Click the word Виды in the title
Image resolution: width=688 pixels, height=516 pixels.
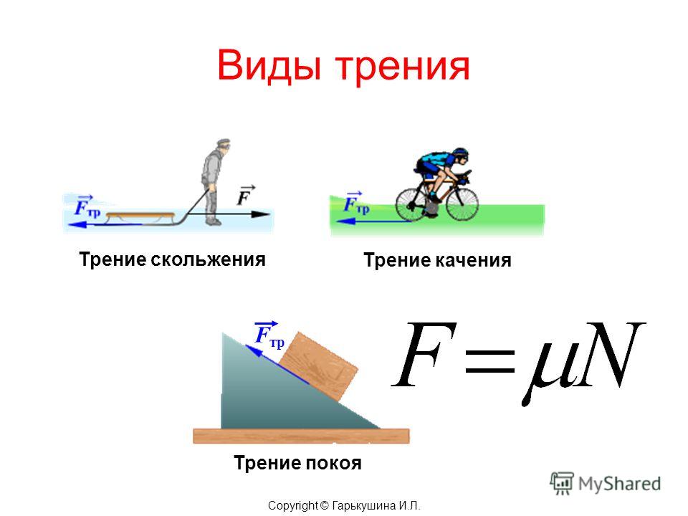(x=269, y=66)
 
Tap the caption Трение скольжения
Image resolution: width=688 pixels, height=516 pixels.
(x=173, y=259)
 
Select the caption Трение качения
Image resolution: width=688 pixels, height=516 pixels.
(x=437, y=260)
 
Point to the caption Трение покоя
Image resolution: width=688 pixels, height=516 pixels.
(x=297, y=463)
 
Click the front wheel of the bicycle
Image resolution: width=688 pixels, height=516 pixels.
(x=462, y=204)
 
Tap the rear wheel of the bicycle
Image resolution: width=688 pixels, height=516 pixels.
(x=413, y=204)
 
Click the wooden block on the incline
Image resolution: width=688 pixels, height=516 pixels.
(x=318, y=367)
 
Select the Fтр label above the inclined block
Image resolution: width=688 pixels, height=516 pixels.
(x=269, y=335)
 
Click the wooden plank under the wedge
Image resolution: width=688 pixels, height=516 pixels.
(x=302, y=436)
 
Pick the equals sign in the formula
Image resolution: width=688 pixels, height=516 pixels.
(x=490, y=362)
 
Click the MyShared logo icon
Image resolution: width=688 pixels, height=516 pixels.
(x=562, y=484)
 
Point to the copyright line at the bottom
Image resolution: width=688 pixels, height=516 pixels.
(x=345, y=506)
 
